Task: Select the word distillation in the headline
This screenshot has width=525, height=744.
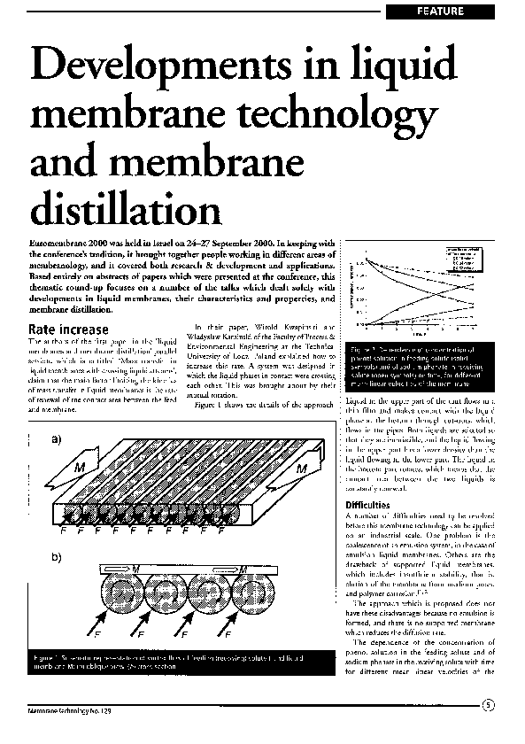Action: [125, 209]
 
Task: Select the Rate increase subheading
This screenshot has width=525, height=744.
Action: [72, 329]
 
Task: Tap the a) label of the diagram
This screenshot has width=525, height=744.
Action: [58, 439]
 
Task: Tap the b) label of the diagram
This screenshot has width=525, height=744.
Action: [58, 557]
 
